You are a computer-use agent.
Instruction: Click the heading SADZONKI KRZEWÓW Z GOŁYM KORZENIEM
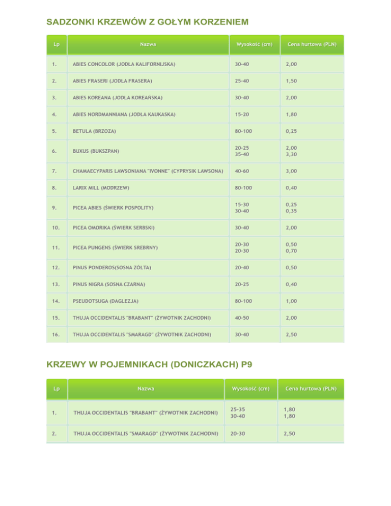click(147, 22)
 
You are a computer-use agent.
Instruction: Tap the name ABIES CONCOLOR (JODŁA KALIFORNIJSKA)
click(124, 64)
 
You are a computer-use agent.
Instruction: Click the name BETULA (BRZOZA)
click(94, 131)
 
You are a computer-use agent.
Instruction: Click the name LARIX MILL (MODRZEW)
click(101, 188)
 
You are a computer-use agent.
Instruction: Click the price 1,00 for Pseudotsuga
click(292, 301)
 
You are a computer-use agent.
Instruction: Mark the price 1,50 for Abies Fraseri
click(292, 81)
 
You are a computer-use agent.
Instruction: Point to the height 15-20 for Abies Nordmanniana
click(242, 115)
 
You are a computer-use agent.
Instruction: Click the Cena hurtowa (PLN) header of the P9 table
click(311, 389)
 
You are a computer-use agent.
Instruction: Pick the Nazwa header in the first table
click(148, 44)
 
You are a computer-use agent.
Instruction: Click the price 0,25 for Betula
click(292, 131)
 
